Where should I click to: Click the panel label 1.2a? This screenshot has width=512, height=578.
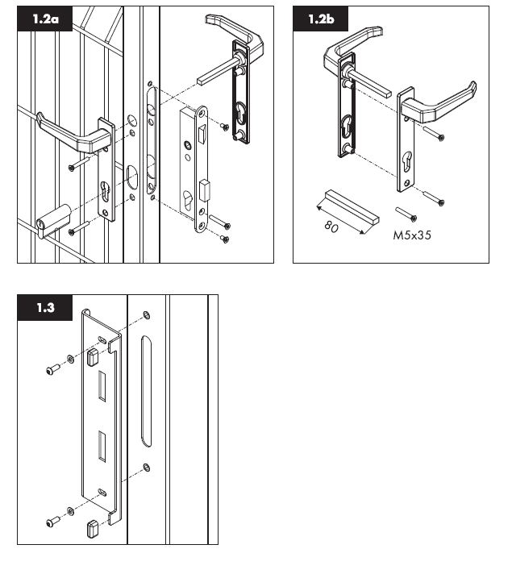pos(45,19)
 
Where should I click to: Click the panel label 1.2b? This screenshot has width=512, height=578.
pos(320,19)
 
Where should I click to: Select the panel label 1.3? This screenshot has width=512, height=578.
pos(45,308)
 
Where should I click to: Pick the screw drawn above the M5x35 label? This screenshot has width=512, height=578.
pos(406,214)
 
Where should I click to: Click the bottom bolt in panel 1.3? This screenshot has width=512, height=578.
pos(52,522)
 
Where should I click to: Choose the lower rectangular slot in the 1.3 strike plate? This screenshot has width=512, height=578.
pos(102,447)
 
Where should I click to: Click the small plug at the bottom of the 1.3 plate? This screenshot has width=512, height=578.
pos(93,530)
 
